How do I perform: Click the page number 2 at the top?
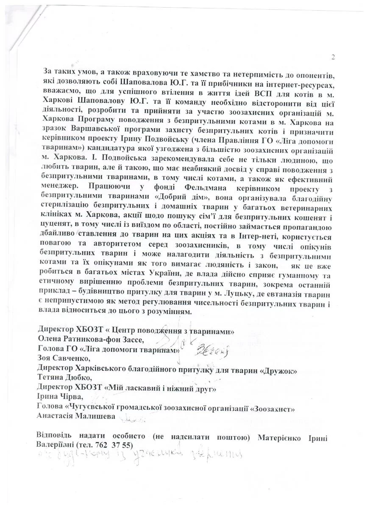click(x=333, y=58)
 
